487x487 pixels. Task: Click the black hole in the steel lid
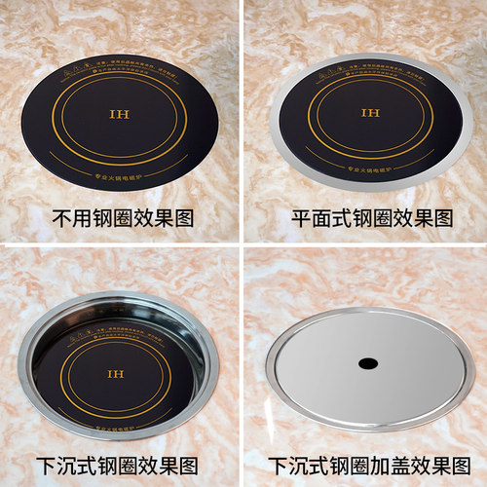366,363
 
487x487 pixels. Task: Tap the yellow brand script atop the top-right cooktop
336,61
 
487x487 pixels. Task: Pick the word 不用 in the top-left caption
66,217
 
